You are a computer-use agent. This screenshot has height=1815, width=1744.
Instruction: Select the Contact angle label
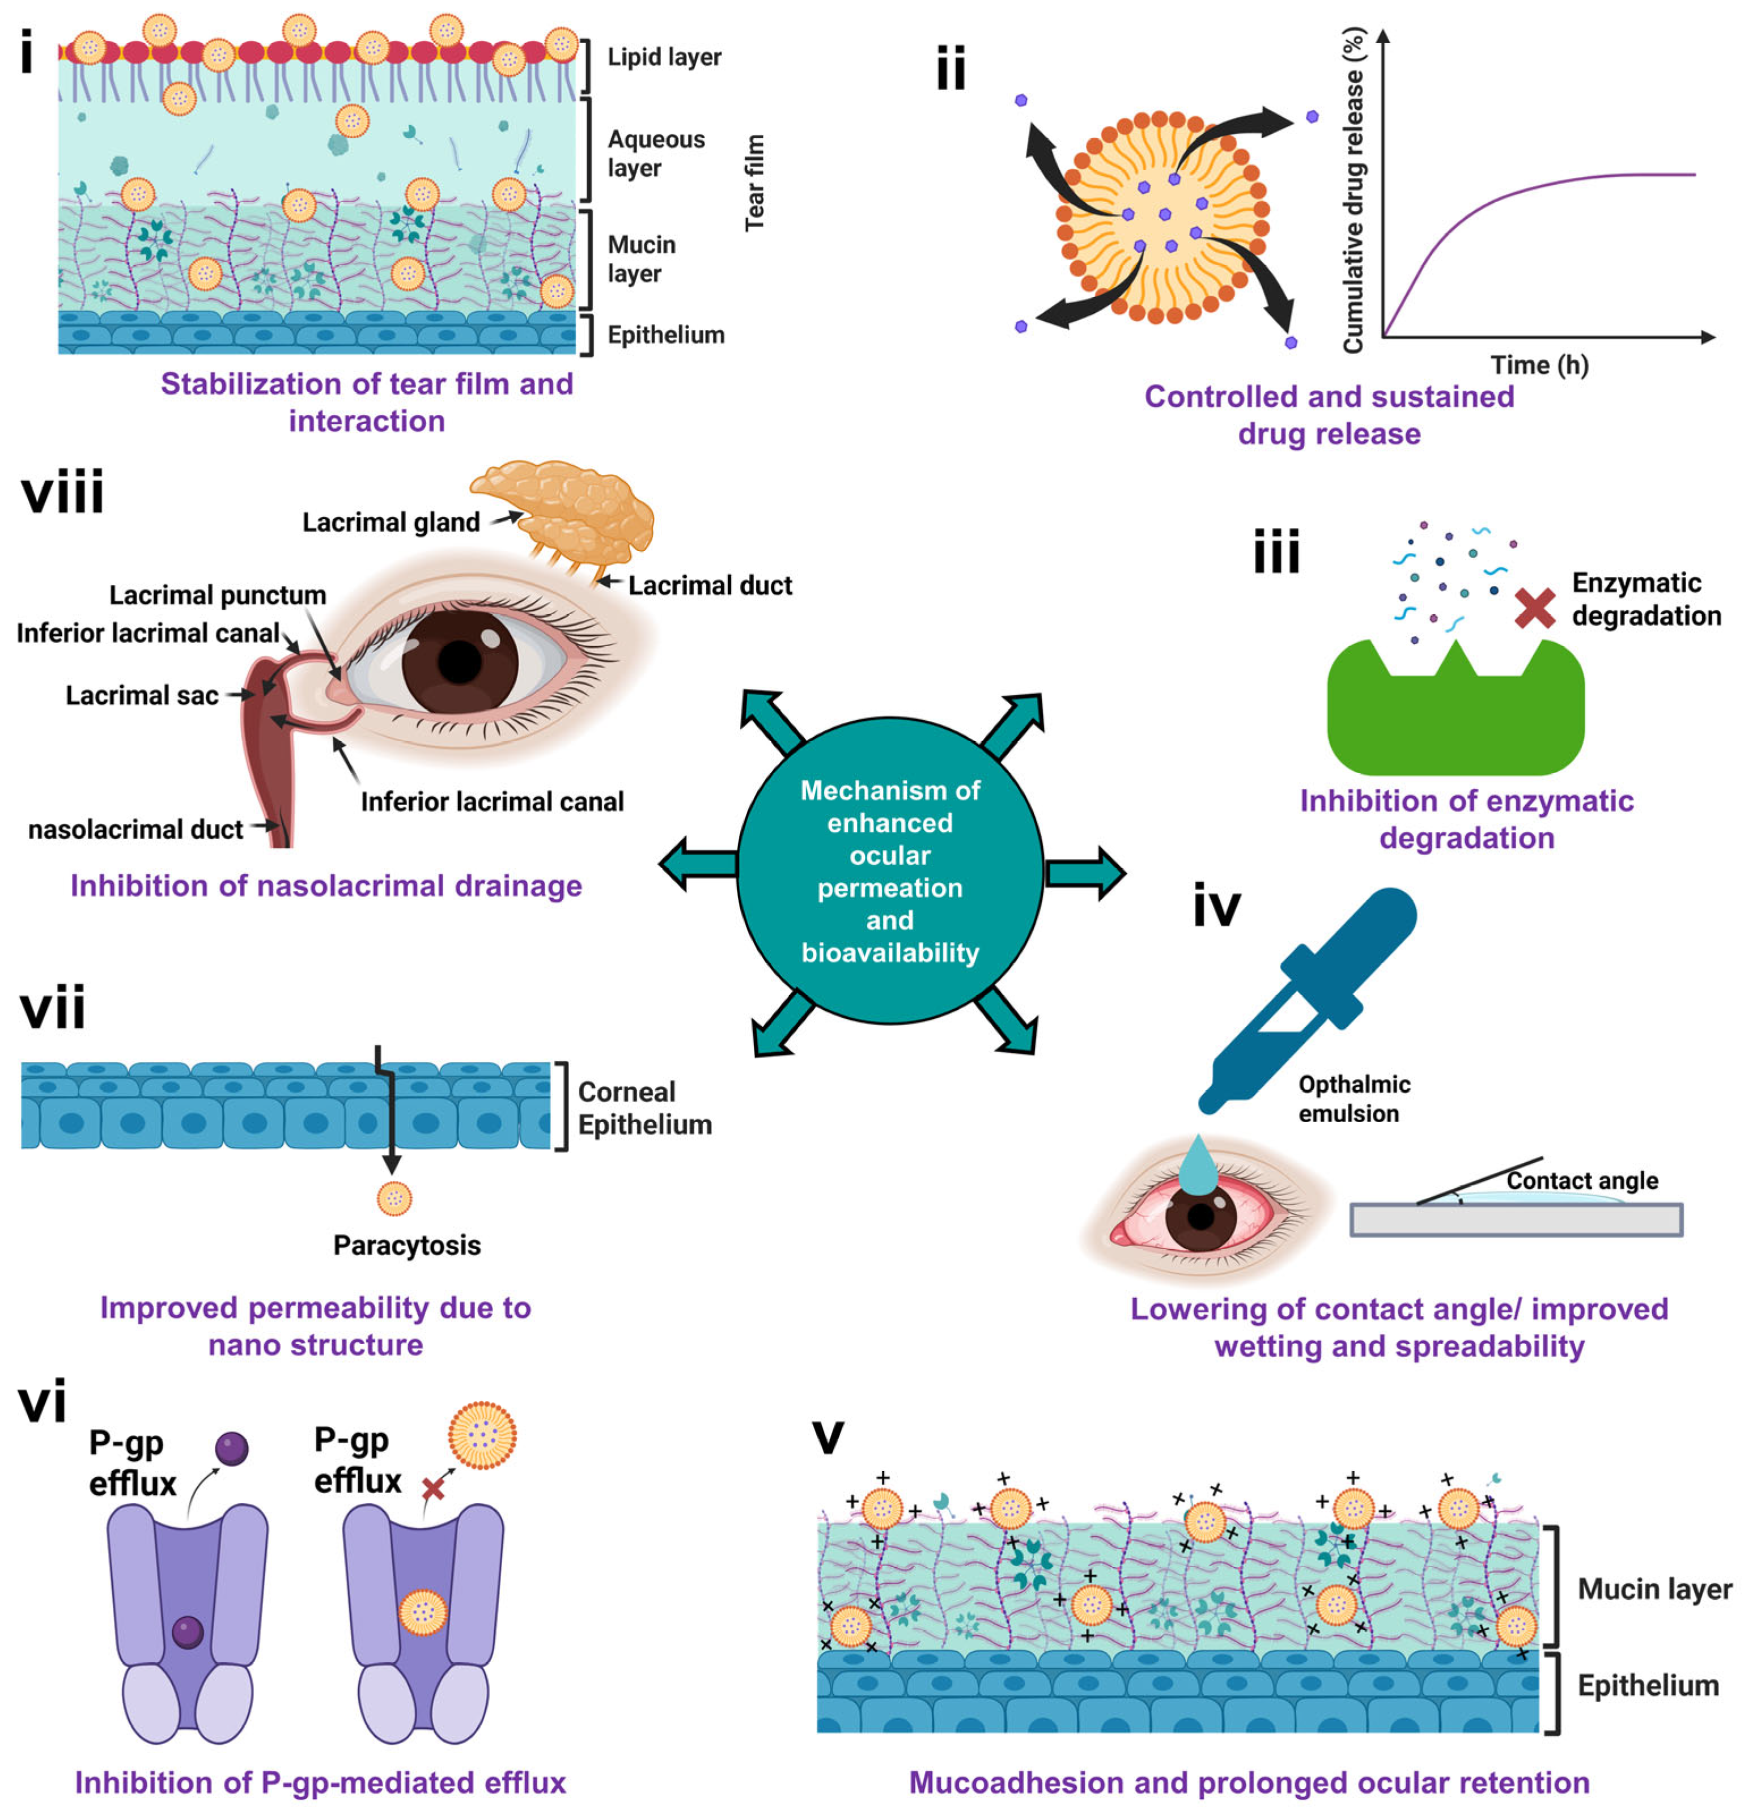[x=1581, y=1181]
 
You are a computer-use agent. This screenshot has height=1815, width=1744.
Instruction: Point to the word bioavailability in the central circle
[x=889, y=953]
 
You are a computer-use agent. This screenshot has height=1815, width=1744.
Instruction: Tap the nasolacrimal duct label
[x=135, y=830]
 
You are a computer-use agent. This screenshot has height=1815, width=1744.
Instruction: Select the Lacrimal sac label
[x=142, y=695]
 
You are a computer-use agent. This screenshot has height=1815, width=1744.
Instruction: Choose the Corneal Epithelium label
[x=644, y=1108]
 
